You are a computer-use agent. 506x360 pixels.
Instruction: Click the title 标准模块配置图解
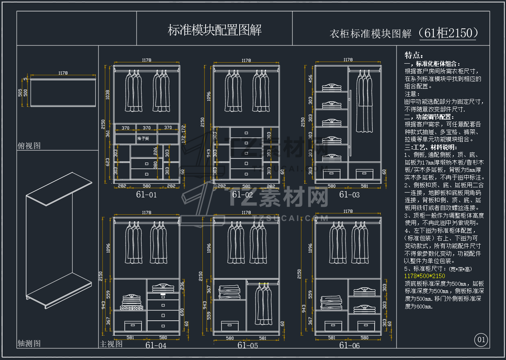tap(214, 30)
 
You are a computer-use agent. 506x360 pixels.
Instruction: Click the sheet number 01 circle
tap(481, 340)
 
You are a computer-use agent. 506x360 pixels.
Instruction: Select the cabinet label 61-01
tap(146, 195)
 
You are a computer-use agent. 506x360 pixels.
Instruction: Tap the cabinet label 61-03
tap(349, 195)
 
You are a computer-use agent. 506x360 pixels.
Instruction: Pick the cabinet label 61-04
tap(156, 345)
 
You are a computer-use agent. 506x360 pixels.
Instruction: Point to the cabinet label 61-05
tap(248, 345)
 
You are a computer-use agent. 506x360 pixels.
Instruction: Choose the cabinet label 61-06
tap(349, 345)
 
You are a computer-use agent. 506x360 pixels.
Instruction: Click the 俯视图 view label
tap(29, 146)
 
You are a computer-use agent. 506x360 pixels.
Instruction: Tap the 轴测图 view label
tap(29, 343)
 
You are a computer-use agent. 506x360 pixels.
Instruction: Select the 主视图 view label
tap(111, 344)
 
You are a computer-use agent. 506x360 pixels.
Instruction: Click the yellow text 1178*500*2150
tap(425, 276)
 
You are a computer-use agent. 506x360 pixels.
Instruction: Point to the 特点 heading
tap(414, 56)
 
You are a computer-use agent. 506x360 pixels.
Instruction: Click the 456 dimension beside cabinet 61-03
tap(311, 78)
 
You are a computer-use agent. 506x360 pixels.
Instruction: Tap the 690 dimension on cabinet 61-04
tap(182, 312)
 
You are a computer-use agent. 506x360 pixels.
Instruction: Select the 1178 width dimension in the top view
tap(63, 73)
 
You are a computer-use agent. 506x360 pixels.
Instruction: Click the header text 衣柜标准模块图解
tap(371, 34)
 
